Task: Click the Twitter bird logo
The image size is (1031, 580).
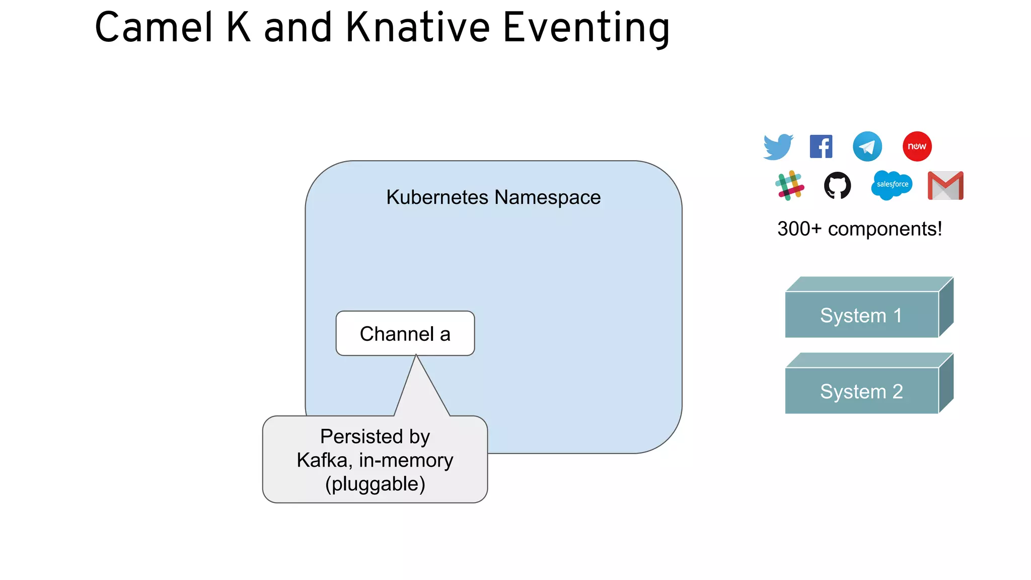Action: click(x=778, y=147)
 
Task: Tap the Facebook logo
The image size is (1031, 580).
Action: click(x=821, y=147)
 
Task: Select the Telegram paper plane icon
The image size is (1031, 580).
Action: click(x=867, y=147)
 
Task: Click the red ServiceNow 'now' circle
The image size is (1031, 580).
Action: click(x=917, y=147)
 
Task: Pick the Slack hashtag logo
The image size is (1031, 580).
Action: click(x=789, y=185)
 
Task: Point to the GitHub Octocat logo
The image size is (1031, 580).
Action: click(x=837, y=185)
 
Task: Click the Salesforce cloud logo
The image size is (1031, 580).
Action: click(x=892, y=185)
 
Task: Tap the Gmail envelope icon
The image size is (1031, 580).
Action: click(x=945, y=185)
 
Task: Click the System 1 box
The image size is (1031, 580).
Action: click(x=861, y=315)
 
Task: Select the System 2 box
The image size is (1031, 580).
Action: click(x=861, y=391)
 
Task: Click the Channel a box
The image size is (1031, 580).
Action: click(x=405, y=334)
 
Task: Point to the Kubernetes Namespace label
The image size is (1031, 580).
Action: click(x=493, y=197)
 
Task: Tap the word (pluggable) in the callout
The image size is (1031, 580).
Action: click(x=375, y=484)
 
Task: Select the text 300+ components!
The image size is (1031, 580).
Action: click(x=859, y=229)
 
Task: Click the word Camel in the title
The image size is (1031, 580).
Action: click(x=154, y=28)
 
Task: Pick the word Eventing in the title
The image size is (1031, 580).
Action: click(x=586, y=28)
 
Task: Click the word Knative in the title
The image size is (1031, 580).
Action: click(x=417, y=28)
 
